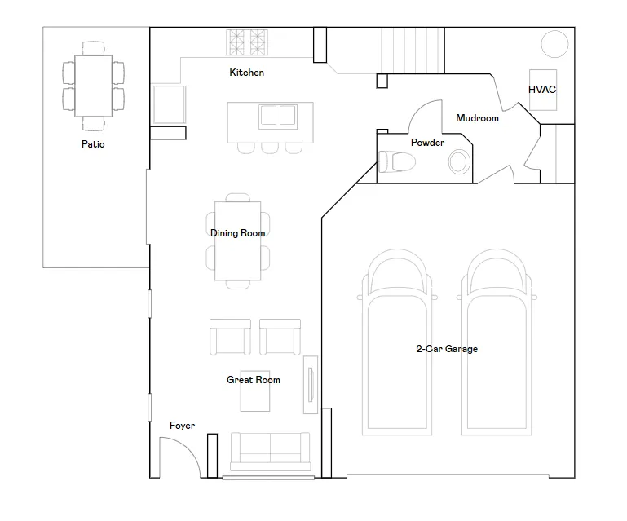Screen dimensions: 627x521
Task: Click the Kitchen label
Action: click(247, 73)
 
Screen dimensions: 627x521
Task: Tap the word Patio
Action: click(93, 144)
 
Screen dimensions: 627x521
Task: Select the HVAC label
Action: click(542, 90)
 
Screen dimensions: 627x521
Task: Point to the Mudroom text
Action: click(478, 118)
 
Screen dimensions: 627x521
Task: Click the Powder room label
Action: click(427, 143)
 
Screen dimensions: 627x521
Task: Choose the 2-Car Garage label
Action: click(447, 349)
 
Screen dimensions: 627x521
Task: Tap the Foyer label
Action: click(183, 426)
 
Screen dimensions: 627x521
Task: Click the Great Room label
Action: click(254, 379)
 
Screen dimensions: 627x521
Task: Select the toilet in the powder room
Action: click(397, 162)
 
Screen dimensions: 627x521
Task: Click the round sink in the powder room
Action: click(460, 162)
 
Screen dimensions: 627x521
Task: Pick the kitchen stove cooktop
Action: click(247, 42)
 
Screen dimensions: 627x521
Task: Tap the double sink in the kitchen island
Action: click(278, 117)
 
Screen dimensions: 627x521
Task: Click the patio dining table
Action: click(93, 86)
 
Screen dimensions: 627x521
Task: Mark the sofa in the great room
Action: click(271, 452)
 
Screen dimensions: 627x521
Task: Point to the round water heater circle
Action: click(554, 44)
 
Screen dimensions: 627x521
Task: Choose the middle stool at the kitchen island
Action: click(270, 148)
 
